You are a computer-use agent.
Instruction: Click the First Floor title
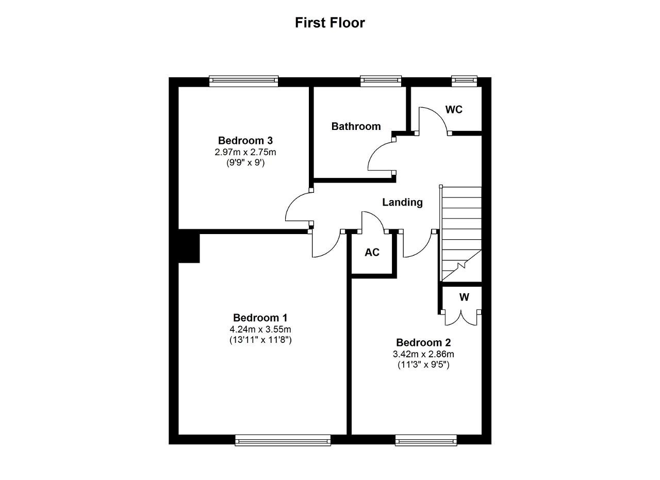tap(330, 23)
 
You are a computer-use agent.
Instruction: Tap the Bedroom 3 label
tap(245, 140)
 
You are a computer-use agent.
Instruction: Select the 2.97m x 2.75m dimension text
tap(245, 152)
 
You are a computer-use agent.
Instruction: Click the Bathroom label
tap(356, 126)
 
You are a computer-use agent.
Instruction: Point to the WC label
tap(454, 110)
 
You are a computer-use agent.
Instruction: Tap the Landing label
tap(403, 203)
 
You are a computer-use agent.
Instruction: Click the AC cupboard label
tap(372, 252)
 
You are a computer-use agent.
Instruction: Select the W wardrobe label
tap(464, 297)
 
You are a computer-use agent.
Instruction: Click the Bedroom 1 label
tap(260, 318)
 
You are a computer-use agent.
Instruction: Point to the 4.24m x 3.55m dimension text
tap(260, 329)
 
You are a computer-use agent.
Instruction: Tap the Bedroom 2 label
tap(423, 342)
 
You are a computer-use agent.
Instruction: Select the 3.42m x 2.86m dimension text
tap(423, 354)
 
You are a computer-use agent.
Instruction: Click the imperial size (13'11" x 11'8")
tap(260, 340)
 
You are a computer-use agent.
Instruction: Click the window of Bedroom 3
tap(244, 81)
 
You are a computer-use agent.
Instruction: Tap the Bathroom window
tap(381, 81)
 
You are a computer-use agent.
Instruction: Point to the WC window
tap(465, 81)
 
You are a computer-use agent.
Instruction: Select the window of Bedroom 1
tap(283, 440)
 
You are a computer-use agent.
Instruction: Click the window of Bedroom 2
tap(426, 440)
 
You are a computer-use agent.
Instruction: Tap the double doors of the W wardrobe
tap(461, 318)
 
